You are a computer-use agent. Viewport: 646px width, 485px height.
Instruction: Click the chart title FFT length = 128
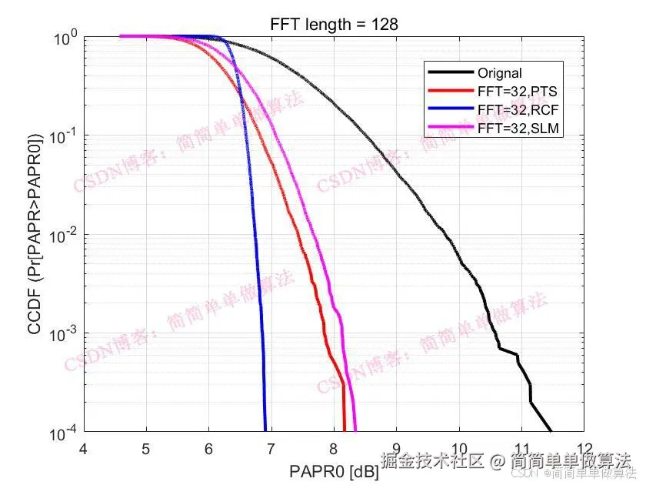pos(334,25)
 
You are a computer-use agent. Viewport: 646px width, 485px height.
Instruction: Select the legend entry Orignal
pos(500,74)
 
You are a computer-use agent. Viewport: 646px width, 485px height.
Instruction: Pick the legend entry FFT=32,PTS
pos(518,92)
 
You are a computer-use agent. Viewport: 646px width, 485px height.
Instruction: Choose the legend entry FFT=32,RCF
pos(518,111)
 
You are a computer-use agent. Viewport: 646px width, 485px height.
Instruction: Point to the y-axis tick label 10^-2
pos(62,234)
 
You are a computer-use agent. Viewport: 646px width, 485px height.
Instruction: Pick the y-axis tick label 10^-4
pos(62,432)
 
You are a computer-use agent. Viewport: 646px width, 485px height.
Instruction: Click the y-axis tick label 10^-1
pos(62,135)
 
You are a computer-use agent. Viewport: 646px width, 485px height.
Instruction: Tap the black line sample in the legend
pos(450,74)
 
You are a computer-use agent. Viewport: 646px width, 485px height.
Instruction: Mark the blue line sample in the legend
pos(450,111)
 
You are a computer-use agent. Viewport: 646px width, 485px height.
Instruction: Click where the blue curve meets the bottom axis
pos(265,430)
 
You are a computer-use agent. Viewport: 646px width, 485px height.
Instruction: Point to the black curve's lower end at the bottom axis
pos(551,430)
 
